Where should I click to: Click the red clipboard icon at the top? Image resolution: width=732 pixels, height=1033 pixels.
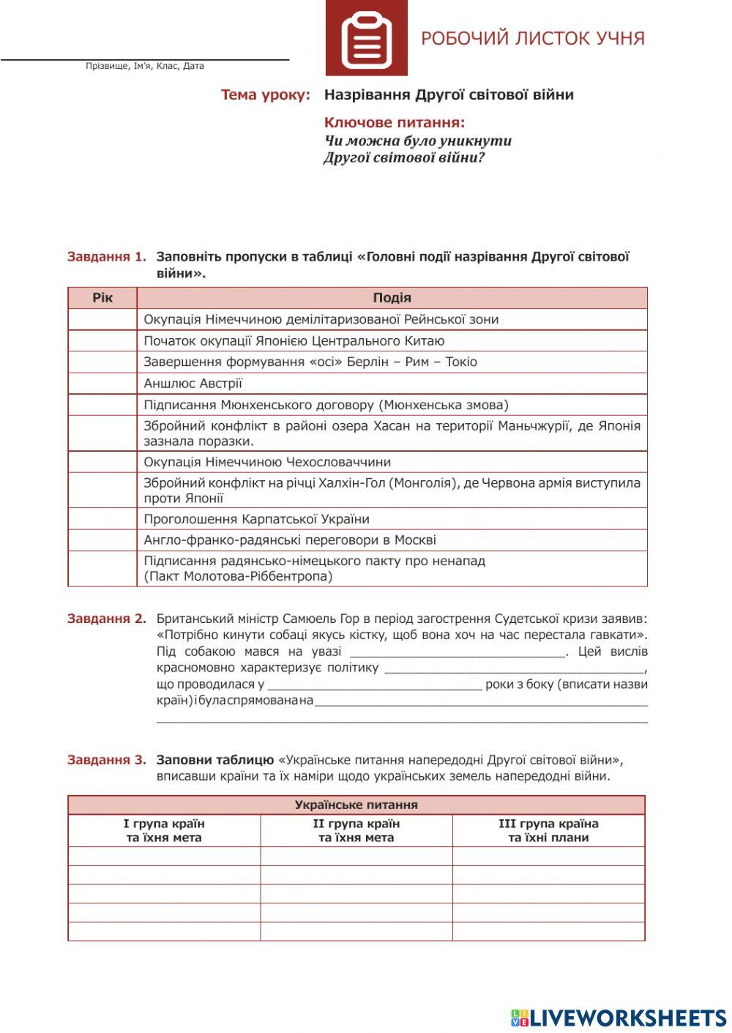pyautogui.click(x=366, y=38)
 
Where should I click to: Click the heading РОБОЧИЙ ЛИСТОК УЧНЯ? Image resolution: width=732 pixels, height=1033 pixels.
pyautogui.click(x=532, y=39)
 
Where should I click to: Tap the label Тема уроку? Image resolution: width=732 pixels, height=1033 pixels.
pyautogui.click(x=266, y=94)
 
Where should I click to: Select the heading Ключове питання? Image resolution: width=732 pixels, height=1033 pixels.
pyautogui.click(x=395, y=123)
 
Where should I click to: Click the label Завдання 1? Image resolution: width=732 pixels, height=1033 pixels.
pyautogui.click(x=107, y=257)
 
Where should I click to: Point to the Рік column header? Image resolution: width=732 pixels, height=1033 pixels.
pyautogui.click(x=102, y=298)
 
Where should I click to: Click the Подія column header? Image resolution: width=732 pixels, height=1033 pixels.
pyautogui.click(x=392, y=298)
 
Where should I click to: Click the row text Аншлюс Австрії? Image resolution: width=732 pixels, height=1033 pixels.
pyautogui.click(x=193, y=384)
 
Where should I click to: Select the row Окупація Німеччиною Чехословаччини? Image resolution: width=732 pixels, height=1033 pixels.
pyautogui.click(x=267, y=462)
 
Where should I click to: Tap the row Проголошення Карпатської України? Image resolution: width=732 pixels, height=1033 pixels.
pyautogui.click(x=256, y=519)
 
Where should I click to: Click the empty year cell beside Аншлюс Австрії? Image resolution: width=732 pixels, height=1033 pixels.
pyautogui.click(x=102, y=384)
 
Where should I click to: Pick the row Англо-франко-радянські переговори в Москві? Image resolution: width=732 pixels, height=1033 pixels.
pyautogui.click(x=290, y=540)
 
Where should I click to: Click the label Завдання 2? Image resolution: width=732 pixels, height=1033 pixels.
pyautogui.click(x=107, y=619)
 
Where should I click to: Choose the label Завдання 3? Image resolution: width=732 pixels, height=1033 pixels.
pyautogui.click(x=107, y=760)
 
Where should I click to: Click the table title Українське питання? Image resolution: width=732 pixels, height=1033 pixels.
pyautogui.click(x=356, y=805)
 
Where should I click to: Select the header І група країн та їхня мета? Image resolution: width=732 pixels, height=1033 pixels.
pyautogui.click(x=164, y=831)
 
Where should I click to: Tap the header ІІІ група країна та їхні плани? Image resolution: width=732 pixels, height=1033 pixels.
pyautogui.click(x=548, y=831)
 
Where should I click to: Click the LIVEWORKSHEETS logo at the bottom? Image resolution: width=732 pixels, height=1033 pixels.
pyautogui.click(x=619, y=1018)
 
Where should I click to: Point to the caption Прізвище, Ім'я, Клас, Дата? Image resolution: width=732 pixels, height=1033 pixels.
pyautogui.click(x=145, y=66)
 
